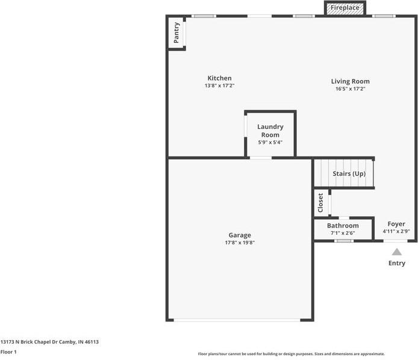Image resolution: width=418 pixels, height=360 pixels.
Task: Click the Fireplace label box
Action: (x=345, y=8)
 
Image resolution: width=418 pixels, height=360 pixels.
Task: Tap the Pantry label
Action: (x=176, y=33)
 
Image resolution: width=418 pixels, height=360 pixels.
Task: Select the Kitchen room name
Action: (x=219, y=78)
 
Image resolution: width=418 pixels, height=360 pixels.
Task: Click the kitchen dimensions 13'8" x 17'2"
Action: (x=219, y=86)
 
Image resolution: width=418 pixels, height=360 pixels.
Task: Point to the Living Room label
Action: (x=350, y=81)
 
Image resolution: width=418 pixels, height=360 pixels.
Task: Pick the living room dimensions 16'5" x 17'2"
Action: (x=350, y=88)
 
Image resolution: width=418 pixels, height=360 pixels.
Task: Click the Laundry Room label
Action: (x=270, y=131)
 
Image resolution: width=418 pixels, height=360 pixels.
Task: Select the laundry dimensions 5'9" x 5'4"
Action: (x=270, y=142)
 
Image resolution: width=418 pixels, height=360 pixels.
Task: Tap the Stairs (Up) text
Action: (x=349, y=174)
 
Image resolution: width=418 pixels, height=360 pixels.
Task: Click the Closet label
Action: (x=320, y=203)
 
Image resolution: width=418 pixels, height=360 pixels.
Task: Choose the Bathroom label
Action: (x=343, y=226)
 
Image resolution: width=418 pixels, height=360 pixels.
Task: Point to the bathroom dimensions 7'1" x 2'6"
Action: (x=343, y=233)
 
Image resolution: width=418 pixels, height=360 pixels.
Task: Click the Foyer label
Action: (x=396, y=224)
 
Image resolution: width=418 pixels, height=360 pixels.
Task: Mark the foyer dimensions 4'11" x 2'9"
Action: (x=396, y=231)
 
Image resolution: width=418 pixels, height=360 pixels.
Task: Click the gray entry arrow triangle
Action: (x=396, y=252)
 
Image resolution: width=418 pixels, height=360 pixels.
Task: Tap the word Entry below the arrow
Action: (x=396, y=263)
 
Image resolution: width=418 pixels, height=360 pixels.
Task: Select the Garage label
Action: (x=239, y=235)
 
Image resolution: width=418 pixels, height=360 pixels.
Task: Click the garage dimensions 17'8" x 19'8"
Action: (x=239, y=243)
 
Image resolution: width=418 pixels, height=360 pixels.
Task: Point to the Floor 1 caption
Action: (x=8, y=352)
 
